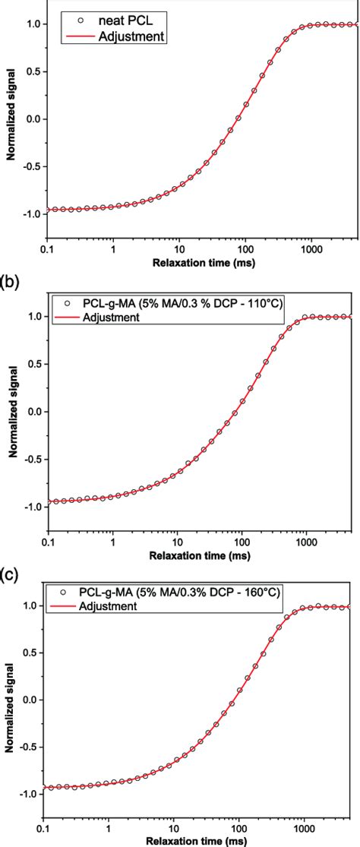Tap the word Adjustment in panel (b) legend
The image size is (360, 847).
pyautogui.click(x=111, y=318)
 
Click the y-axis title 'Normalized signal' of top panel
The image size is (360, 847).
pyautogui.click(x=12, y=123)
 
